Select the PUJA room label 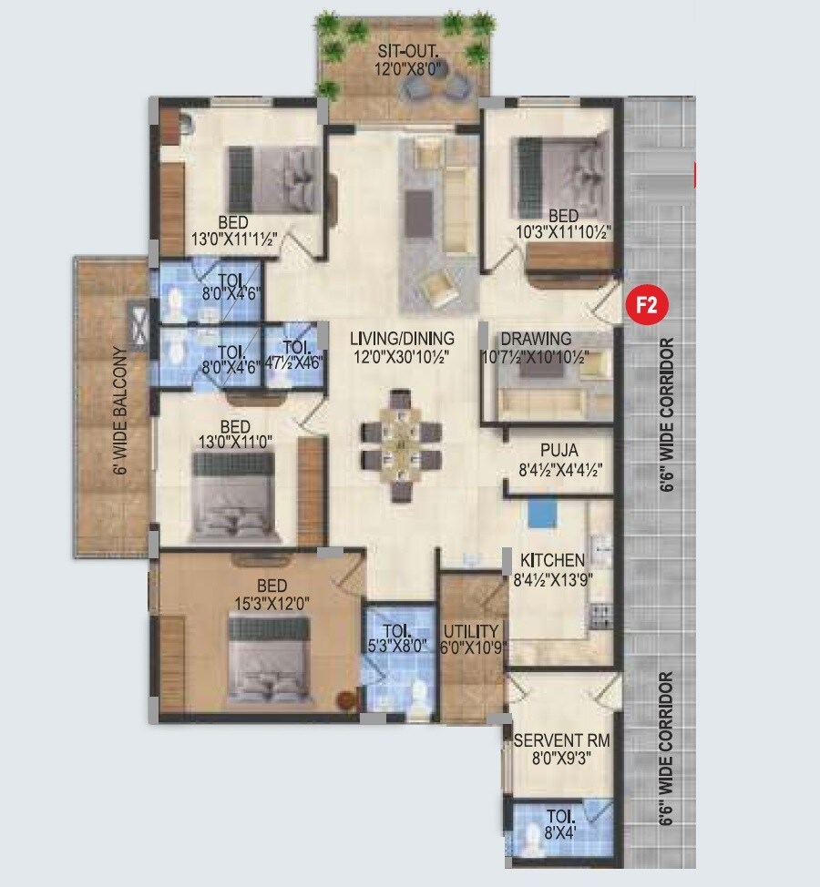click(x=559, y=450)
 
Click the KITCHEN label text click(x=552, y=560)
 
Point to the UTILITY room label click(x=471, y=631)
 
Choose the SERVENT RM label click(x=561, y=741)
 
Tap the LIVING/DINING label click(x=402, y=339)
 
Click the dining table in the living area click(x=401, y=445)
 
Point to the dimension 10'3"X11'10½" click(x=564, y=233)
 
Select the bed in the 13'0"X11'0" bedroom click(x=233, y=498)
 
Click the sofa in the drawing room click(x=541, y=402)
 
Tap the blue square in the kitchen click(x=540, y=513)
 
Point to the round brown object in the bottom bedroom click(x=345, y=700)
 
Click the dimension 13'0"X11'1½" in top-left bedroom click(x=234, y=239)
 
